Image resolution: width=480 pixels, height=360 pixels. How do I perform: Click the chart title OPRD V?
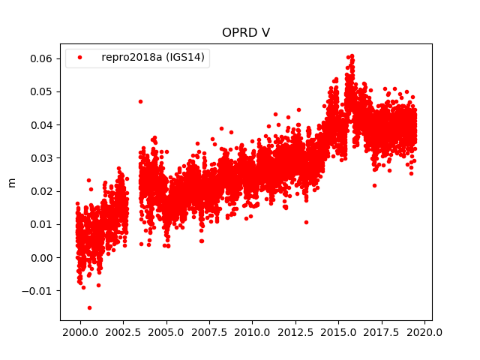246,33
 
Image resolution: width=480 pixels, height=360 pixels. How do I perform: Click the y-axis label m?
11,182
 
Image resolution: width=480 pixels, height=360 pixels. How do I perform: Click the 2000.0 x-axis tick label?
80,331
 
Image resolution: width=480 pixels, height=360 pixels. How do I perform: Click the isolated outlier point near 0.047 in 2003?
140,101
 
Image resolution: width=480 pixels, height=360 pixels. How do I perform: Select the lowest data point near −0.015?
89,307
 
